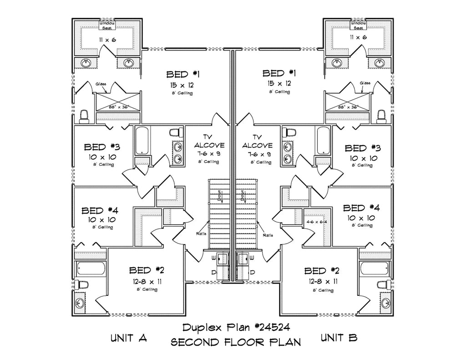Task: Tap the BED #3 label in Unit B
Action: tap(362, 148)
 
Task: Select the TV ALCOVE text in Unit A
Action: tap(209, 141)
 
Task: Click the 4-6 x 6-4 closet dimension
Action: tap(317, 222)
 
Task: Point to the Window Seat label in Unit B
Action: tap(359, 25)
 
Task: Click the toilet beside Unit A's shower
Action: tap(83, 116)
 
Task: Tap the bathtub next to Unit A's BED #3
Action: tap(142, 142)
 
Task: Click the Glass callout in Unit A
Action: tap(101, 84)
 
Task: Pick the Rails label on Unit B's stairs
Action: tap(268, 235)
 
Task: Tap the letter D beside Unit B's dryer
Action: tap(252, 272)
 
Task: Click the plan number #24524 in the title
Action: tap(270, 327)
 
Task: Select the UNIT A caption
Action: tap(128, 338)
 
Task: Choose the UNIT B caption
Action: tap(339, 338)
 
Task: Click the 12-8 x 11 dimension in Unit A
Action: tap(147, 281)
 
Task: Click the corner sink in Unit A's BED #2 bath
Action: tap(81, 304)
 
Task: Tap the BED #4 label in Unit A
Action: tap(100, 211)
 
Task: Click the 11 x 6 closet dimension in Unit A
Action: tap(107, 40)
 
